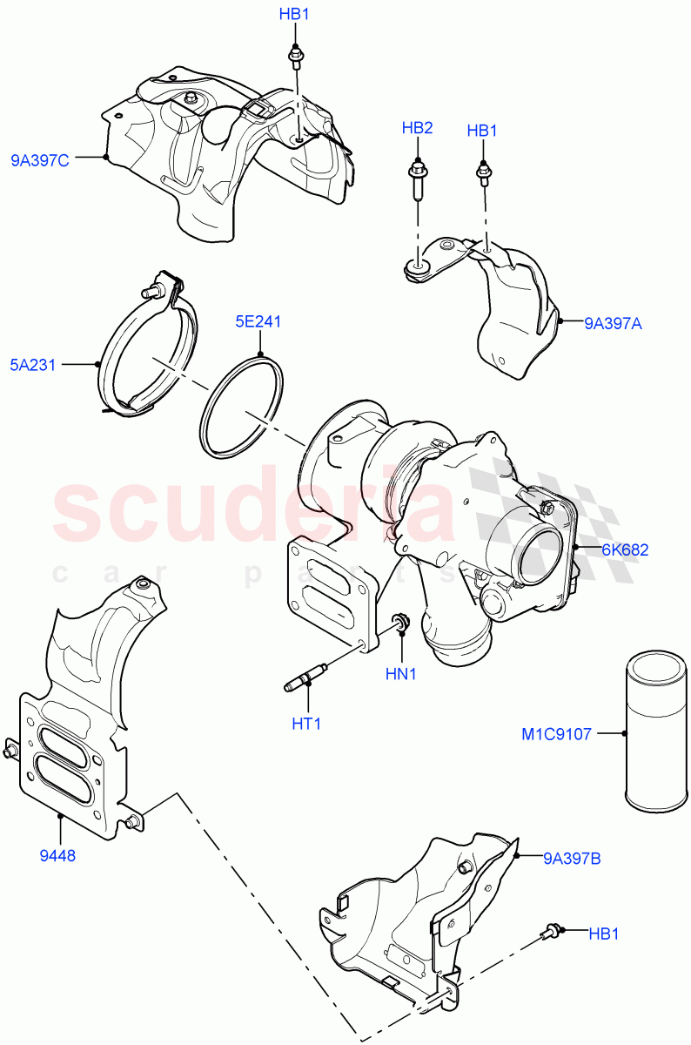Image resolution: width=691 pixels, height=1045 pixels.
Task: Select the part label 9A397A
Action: tap(613, 323)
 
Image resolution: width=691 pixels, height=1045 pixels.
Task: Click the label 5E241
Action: tap(258, 321)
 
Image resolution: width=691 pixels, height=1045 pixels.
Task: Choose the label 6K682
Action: tap(624, 549)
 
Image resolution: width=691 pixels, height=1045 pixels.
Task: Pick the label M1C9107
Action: tap(556, 734)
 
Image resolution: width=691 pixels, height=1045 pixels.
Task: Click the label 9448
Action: tap(58, 855)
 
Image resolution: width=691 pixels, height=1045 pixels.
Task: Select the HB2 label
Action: tap(417, 128)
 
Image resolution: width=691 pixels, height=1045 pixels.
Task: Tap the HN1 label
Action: tap(401, 674)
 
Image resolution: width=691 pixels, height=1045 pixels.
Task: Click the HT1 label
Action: tap(306, 723)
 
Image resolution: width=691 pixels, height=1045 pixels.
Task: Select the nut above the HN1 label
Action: tap(401, 623)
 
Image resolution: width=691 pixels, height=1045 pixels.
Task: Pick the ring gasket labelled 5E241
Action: tap(242, 406)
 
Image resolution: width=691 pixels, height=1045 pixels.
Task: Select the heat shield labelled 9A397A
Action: tap(513, 313)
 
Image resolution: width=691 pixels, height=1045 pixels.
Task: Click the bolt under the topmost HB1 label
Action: tap(295, 57)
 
